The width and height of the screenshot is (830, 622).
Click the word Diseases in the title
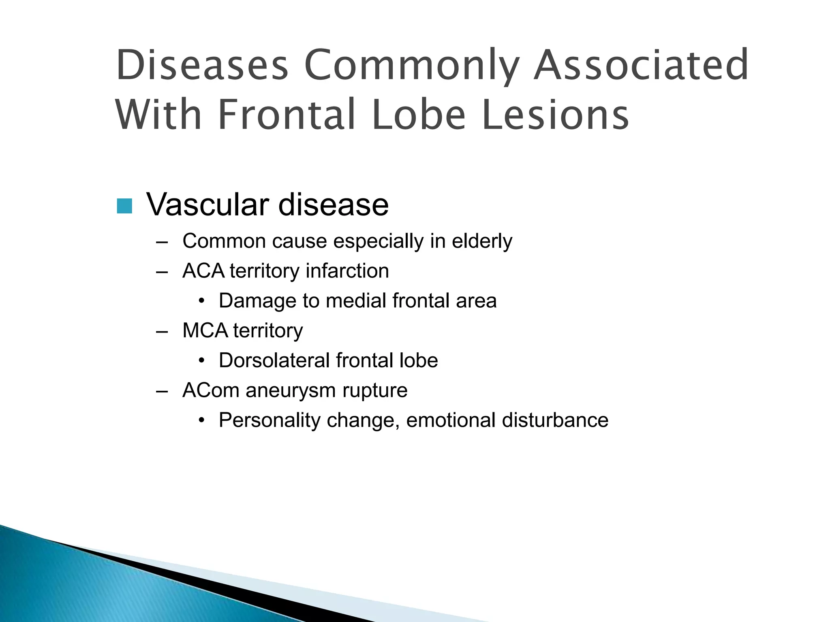202,65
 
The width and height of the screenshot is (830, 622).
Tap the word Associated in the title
641,65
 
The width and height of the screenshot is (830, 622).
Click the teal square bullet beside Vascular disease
124,206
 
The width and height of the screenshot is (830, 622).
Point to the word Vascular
207,204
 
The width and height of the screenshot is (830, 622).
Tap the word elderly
482,241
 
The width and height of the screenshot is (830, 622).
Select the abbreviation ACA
203,271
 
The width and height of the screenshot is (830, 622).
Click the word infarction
347,271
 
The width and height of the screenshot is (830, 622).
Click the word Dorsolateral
274,360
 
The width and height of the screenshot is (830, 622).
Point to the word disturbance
555,420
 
